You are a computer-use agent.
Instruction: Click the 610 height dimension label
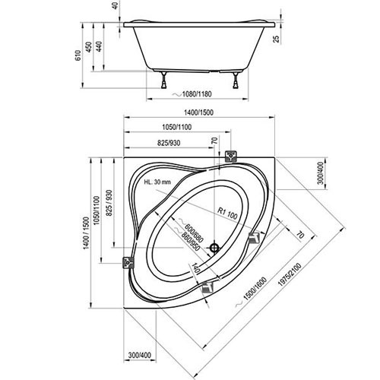click(78, 55)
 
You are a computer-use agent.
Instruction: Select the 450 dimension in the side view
click(89, 47)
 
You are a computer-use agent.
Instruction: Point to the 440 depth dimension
click(99, 46)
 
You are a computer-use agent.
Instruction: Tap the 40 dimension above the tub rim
click(116, 6)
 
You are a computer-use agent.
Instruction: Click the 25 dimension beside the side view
click(277, 39)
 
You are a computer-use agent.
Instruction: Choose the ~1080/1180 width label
click(192, 94)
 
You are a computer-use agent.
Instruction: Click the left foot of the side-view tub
click(164, 81)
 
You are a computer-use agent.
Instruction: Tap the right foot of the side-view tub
click(236, 81)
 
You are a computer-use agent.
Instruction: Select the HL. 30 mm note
click(157, 182)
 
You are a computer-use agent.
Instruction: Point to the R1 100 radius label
click(228, 214)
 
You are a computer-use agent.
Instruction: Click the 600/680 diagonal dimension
click(195, 233)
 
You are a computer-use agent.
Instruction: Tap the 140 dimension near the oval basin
click(195, 268)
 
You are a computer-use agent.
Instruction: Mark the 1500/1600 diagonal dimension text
click(255, 289)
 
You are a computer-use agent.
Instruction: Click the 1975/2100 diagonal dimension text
click(290, 275)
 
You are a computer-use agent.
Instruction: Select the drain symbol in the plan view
click(214, 248)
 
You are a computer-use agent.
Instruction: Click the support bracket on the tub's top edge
click(231, 157)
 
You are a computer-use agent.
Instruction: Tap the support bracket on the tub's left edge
click(128, 262)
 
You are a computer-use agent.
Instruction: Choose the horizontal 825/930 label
click(169, 143)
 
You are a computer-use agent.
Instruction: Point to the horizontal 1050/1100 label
click(177, 127)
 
